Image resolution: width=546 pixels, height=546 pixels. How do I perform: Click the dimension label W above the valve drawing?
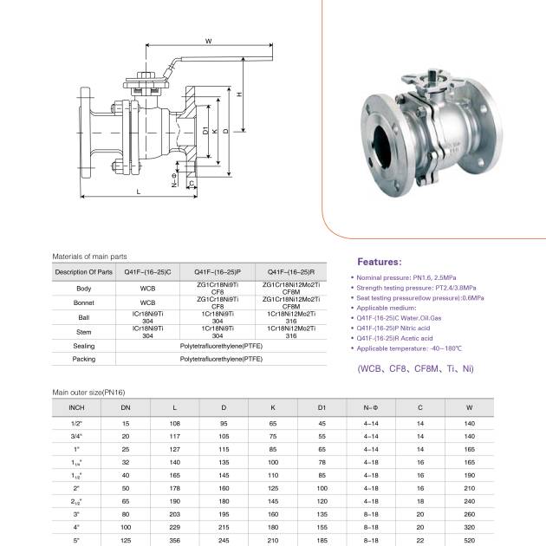208,42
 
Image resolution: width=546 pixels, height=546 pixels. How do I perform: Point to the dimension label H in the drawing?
237,94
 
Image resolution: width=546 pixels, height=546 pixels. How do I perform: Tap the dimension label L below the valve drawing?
138,191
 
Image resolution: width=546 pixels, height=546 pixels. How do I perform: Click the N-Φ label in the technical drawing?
174,181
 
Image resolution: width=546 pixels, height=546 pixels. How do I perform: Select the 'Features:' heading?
380,262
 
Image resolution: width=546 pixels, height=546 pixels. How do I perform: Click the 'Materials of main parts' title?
90,257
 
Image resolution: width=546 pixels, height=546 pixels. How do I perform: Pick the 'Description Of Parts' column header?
84,272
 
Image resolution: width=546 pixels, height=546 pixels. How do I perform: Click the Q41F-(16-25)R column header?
290,272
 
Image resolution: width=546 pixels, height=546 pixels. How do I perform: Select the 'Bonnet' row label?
84,302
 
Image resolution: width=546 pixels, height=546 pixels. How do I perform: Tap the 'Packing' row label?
84,359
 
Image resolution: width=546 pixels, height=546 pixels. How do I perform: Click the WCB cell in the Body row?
147,288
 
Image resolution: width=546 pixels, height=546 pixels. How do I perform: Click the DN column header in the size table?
126,406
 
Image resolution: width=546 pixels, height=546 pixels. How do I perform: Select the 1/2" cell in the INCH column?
76,423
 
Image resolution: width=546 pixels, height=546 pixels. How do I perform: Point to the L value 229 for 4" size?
175,527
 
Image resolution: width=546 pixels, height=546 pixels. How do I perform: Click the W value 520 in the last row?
470,540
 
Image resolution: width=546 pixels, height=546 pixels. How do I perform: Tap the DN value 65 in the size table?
126,501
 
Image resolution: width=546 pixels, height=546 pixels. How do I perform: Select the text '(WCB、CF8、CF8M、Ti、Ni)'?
415,368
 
